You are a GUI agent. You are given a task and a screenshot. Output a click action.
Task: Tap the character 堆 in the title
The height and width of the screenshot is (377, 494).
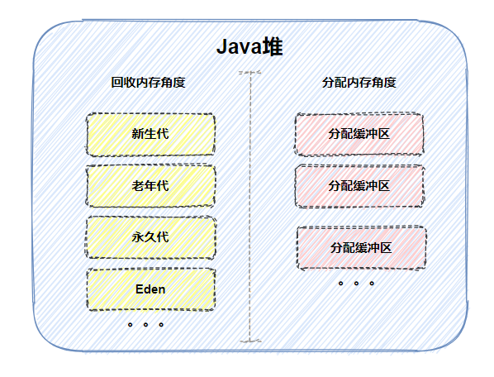(272, 48)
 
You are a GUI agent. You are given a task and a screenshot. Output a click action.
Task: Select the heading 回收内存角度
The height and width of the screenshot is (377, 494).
(148, 83)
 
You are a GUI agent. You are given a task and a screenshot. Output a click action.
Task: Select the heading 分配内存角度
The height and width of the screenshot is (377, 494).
(359, 83)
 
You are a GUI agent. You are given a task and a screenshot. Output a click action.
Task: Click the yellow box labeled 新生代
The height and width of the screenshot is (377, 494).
(150, 134)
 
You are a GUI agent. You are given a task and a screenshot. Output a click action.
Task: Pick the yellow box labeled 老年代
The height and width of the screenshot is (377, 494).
(150, 185)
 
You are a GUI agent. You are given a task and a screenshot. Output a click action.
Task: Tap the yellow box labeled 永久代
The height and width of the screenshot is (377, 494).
(150, 236)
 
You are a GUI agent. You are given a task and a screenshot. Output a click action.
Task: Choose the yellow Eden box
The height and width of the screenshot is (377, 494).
(150, 289)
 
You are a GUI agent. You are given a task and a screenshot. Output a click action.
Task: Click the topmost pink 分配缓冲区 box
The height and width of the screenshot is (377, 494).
(359, 134)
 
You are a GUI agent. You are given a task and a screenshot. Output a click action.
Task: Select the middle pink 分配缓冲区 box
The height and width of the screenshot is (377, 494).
(359, 185)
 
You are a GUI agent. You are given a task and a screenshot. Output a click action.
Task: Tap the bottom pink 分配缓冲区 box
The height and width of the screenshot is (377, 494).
(361, 247)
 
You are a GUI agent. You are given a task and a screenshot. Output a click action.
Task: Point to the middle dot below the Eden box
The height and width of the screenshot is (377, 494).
(145, 325)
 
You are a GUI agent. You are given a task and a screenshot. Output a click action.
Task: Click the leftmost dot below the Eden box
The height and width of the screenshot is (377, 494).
(131, 325)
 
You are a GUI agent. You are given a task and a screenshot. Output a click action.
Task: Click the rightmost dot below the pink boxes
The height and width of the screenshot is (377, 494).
(372, 283)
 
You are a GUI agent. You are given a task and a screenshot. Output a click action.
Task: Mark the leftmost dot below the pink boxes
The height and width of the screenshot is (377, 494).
(341, 283)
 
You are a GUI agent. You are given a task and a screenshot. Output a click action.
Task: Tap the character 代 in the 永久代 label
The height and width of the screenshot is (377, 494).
(163, 236)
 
